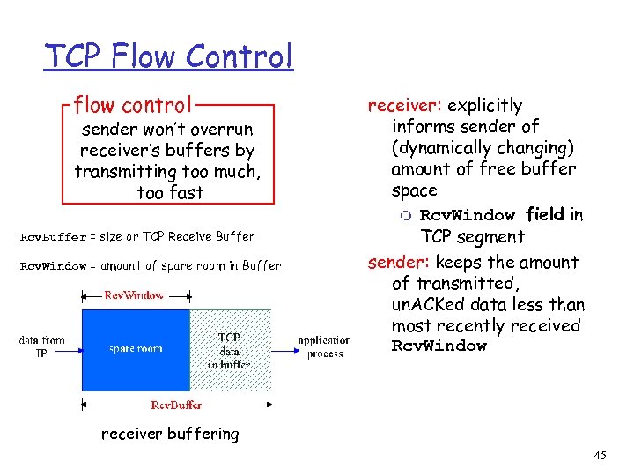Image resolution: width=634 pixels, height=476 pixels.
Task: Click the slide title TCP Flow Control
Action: click(x=169, y=57)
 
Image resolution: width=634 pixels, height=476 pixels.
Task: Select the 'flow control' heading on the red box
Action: click(x=132, y=106)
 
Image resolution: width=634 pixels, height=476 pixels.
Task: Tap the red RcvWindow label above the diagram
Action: click(x=134, y=295)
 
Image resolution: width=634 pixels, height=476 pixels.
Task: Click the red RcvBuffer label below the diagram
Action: click(x=176, y=405)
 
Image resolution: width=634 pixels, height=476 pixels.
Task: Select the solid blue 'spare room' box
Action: click(x=136, y=350)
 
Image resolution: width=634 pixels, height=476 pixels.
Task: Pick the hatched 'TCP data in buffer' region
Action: click(x=230, y=350)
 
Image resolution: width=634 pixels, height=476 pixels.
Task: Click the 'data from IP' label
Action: click(x=41, y=346)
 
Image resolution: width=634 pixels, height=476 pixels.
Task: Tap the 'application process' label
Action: click(x=324, y=346)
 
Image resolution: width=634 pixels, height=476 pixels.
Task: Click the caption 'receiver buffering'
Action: click(x=169, y=434)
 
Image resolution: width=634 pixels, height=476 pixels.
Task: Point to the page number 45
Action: click(x=601, y=455)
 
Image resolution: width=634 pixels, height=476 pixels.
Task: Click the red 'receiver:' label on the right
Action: click(x=399, y=106)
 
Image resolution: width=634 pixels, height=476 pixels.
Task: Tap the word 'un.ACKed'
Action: click(x=426, y=304)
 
